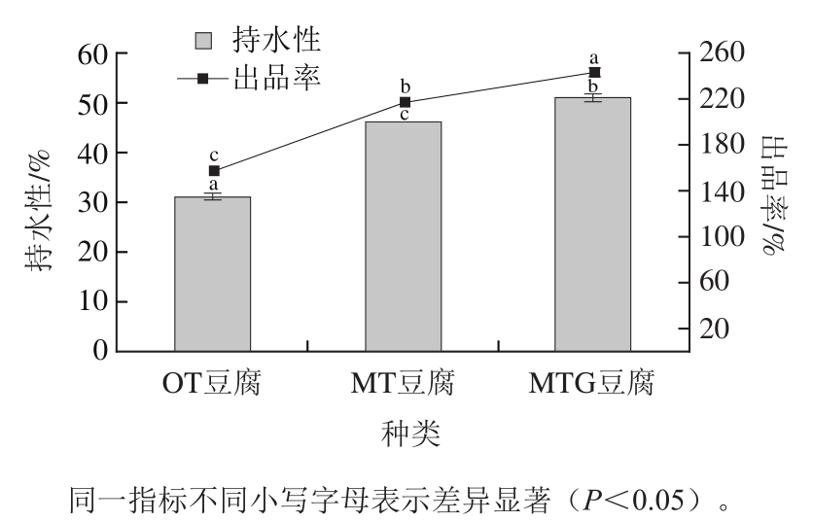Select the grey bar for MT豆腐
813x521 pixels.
coord(404,236)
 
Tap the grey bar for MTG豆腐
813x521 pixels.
coord(593,224)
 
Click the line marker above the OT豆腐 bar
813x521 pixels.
coord(214,171)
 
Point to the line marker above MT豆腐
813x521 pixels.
coord(405,102)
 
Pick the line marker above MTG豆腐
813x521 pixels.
coord(595,72)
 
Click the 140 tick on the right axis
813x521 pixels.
coord(719,191)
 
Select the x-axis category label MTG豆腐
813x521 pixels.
coord(591,384)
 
